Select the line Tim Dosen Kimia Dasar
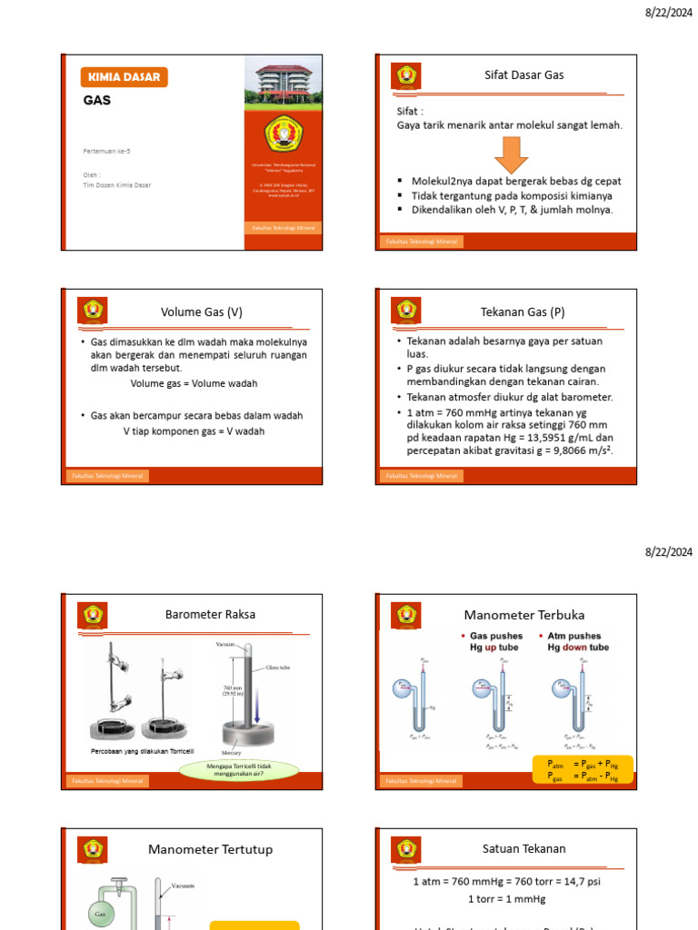[x=116, y=184]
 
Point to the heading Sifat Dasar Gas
[x=523, y=75]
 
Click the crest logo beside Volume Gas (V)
[x=95, y=311]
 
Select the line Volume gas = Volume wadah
[x=194, y=383]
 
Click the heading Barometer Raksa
[x=210, y=615]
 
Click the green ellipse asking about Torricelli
[x=238, y=770]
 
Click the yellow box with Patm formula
[x=582, y=770]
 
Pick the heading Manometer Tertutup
[x=210, y=849]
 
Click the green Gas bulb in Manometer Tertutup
[x=102, y=913]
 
